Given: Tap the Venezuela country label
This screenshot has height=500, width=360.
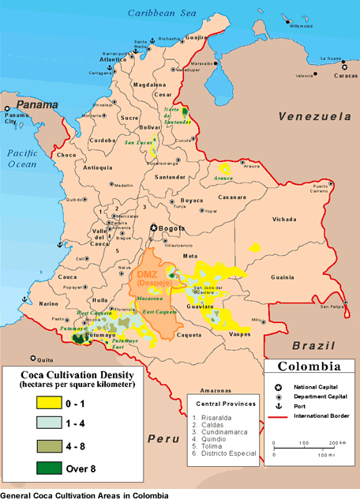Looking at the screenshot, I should pos(314,116).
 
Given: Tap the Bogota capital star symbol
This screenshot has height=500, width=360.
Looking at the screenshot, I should pos(155,229).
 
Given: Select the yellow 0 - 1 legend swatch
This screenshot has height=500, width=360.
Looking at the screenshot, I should pos(50,402).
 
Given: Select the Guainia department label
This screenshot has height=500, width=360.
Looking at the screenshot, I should pos(282,277).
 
